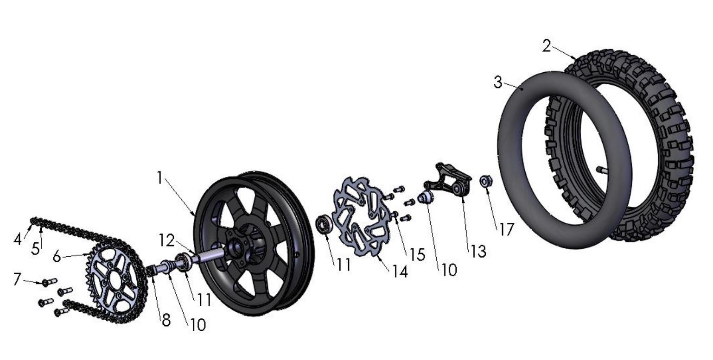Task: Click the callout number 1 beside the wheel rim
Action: click(x=160, y=178)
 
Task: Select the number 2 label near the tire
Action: click(x=547, y=46)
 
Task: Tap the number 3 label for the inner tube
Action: click(x=498, y=82)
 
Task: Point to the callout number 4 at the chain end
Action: click(x=18, y=240)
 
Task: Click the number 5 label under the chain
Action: click(x=36, y=248)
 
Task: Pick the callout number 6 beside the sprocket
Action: click(x=57, y=256)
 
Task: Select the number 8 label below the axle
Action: click(x=166, y=319)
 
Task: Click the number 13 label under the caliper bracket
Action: click(x=478, y=251)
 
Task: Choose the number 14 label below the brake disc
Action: click(x=399, y=272)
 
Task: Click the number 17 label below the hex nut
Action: click(x=506, y=229)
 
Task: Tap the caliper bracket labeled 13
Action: click(x=447, y=181)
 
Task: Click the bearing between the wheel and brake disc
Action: click(x=323, y=224)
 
